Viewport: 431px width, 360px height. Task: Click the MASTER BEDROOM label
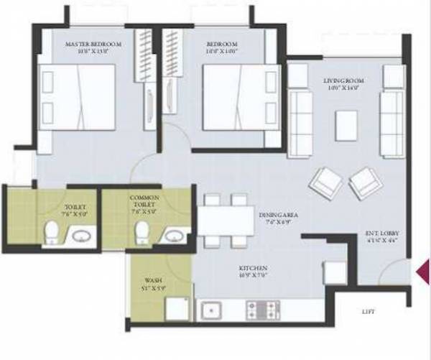(93, 45)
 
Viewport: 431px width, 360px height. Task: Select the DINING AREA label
(280, 215)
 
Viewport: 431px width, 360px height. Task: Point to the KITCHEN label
(253, 271)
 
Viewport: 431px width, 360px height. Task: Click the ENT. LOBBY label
(381, 234)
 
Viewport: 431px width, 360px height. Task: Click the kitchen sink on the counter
(211, 310)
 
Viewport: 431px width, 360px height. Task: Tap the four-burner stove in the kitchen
(262, 310)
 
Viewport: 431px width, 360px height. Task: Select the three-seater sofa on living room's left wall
(300, 112)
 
